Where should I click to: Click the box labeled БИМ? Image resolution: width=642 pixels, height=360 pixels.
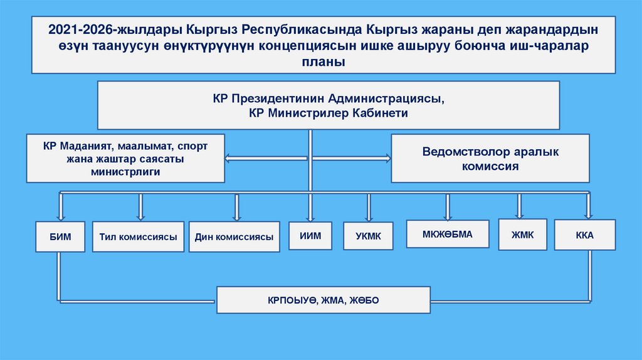tap(59, 237)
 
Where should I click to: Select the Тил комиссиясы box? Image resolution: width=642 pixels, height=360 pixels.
tap(138, 237)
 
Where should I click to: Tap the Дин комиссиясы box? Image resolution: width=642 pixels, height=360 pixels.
tap(234, 237)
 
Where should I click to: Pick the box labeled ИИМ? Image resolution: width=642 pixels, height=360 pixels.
tap(309, 236)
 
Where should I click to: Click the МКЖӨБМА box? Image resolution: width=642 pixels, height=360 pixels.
tap(448, 234)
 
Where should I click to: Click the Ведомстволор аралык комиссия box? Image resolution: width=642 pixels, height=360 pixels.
tap(490, 159)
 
